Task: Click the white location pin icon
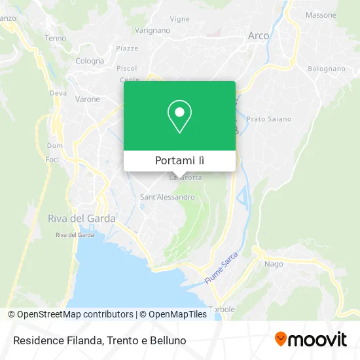pyautogui.click(x=179, y=117)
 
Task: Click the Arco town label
pyautogui.click(x=259, y=36)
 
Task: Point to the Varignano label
pyautogui.click(x=152, y=30)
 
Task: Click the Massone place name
pyautogui.click(x=321, y=14)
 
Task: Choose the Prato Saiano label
pyautogui.click(x=269, y=119)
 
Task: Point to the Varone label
pyautogui.click(x=87, y=99)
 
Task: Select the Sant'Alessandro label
pyautogui.click(x=168, y=196)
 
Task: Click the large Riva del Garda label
pyautogui.click(x=82, y=219)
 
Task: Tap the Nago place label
pyautogui.click(x=274, y=264)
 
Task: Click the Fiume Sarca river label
pyautogui.click(x=220, y=268)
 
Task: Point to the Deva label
pyautogui.click(x=58, y=93)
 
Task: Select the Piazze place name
pyautogui.click(x=127, y=48)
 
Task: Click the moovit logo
pyautogui.click(x=310, y=339)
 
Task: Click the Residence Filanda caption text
pyautogui.click(x=98, y=340)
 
